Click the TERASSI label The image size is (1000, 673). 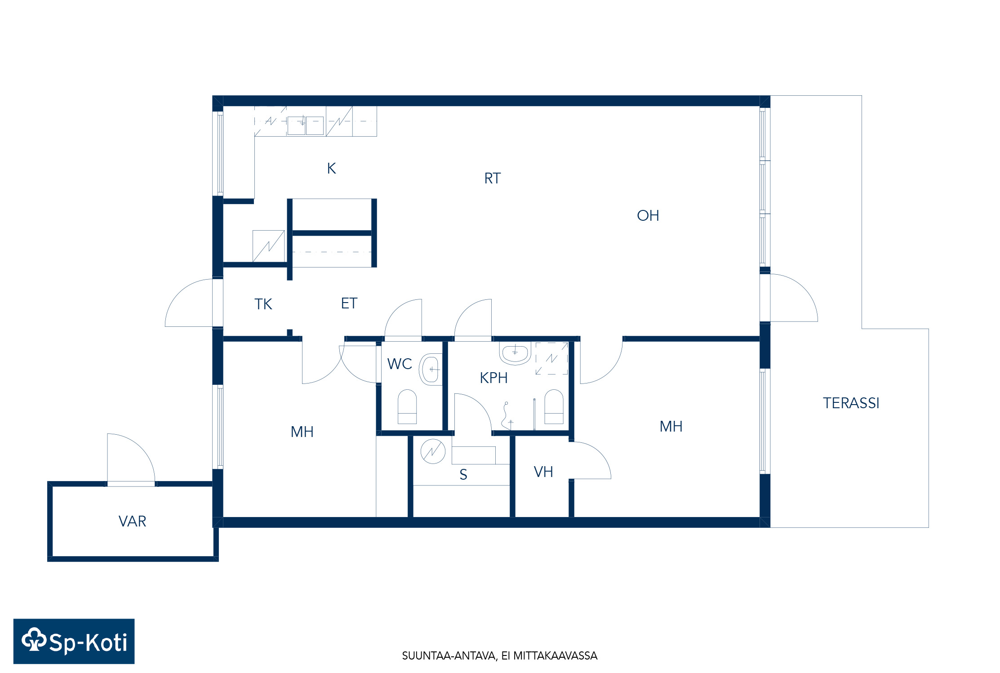coord(851,403)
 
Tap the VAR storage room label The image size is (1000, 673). coord(132,521)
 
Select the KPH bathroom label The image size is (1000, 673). coord(493,378)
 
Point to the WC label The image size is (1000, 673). coord(400,364)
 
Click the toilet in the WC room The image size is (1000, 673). coord(407,406)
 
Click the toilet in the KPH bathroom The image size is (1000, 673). coord(554,406)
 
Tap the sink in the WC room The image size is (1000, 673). coord(431,369)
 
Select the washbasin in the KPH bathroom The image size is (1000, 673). coord(515,353)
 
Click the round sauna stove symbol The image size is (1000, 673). coord(433,451)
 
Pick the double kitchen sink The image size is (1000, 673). coord(306,125)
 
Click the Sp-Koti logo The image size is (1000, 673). coord(74,641)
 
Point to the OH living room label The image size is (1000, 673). coord(648,216)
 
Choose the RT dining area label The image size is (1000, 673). coord(492,178)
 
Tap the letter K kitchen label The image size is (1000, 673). coord(331,168)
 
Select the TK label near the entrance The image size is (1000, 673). coord(263,304)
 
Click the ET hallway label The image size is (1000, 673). coord(349,303)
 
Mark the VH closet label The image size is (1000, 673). coord(543,472)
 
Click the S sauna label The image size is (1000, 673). coord(463,474)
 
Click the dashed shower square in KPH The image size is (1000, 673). coord(551,358)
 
